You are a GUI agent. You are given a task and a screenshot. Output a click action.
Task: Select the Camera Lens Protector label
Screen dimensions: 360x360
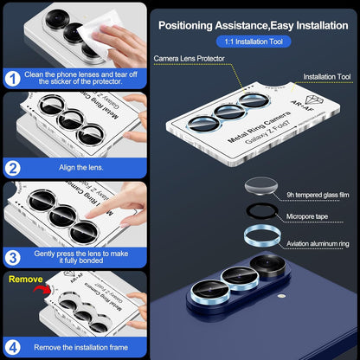tap(190, 59)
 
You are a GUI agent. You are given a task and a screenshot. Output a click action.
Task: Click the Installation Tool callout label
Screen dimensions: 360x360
tap(320, 76)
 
